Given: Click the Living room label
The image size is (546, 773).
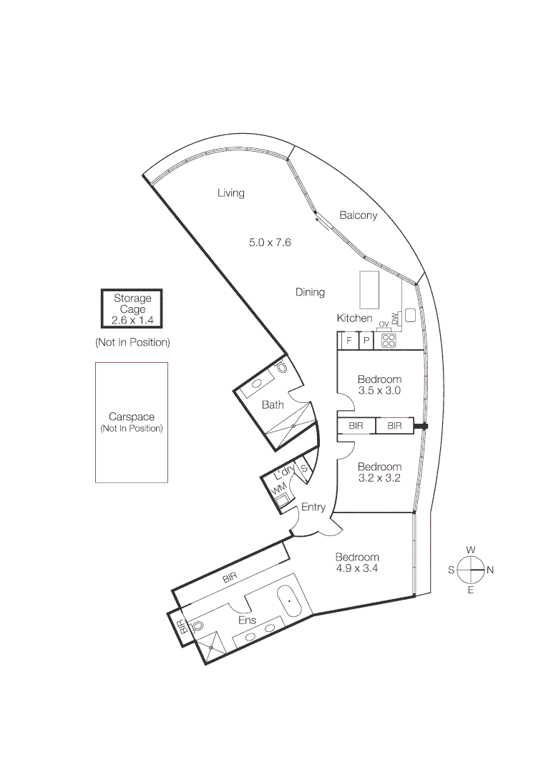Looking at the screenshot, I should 231,193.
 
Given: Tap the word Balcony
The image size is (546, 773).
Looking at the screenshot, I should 358,215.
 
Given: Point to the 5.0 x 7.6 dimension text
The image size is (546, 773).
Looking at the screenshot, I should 270,243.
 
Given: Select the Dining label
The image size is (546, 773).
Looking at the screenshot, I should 310,292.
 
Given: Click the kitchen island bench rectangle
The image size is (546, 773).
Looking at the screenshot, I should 369,288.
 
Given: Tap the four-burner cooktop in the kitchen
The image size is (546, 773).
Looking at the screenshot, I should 389,341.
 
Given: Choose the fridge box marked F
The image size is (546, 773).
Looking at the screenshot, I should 348,341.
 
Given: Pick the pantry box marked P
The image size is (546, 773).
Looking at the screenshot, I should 366,341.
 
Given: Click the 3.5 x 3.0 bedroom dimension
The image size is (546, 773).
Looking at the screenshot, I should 379,391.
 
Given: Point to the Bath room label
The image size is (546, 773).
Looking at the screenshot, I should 273,404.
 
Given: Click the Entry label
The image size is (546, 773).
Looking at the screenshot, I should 313,507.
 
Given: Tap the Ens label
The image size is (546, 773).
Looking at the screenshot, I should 247,620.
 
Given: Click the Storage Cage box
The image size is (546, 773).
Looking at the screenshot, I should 132,309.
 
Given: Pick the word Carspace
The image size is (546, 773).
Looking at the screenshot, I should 132,417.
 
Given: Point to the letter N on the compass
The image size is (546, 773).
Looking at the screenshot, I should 490,570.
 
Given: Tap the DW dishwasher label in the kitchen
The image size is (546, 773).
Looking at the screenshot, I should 394,318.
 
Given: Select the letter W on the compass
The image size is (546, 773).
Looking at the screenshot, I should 471,550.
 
